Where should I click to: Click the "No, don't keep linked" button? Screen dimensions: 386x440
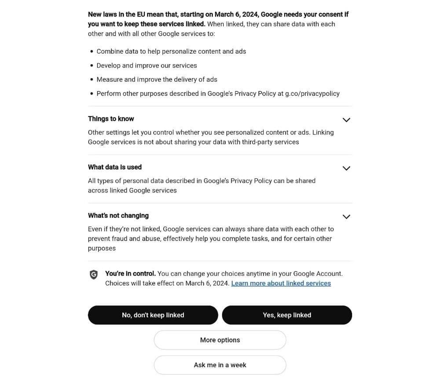tap(153, 315)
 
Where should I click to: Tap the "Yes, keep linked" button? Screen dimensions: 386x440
tap(287, 315)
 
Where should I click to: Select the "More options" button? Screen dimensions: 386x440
tap(220, 340)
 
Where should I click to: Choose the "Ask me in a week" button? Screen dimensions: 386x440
tap(220, 365)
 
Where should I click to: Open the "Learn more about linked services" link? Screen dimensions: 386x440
tap(281, 284)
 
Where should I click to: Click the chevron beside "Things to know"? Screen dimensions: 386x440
tap(346, 120)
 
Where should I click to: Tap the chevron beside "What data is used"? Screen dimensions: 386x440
tap(346, 168)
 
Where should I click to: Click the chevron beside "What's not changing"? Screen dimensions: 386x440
tap(346, 217)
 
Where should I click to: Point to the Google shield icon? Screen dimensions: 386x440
tap(94, 275)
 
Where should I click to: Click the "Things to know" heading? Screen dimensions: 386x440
tap(111, 119)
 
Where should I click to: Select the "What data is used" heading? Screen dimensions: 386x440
tap(115, 167)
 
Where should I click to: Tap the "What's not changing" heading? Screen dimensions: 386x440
tap(118, 215)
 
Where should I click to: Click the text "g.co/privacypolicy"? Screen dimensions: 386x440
tap(312, 94)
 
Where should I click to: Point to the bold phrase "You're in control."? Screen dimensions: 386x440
tap(130, 273)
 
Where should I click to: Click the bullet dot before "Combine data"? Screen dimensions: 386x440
tap(92, 51)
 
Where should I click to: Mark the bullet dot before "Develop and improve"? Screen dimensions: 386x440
tap(92, 66)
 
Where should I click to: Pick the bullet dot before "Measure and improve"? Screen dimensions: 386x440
tap(92, 80)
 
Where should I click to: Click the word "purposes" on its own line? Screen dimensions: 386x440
tap(102, 248)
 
